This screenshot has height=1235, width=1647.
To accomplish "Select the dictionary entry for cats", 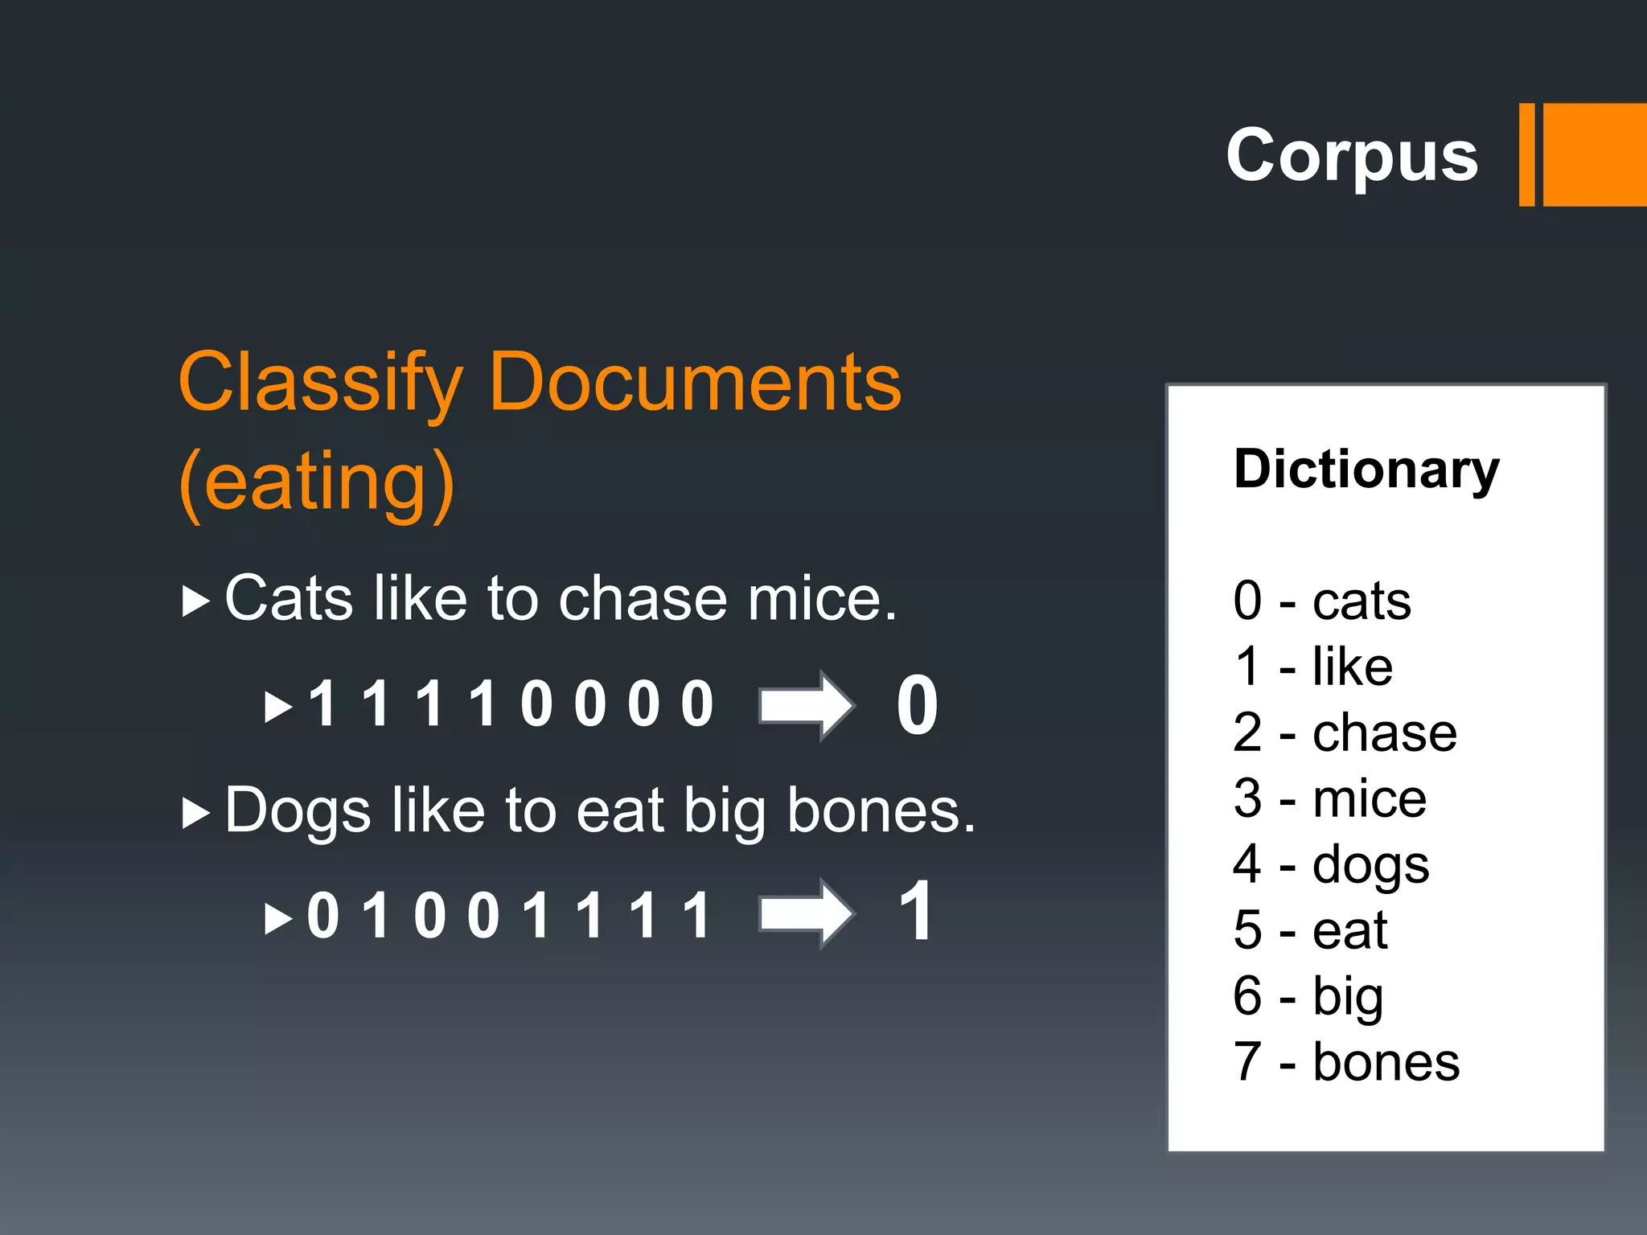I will [1321, 601].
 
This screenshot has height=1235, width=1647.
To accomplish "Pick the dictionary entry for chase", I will [1344, 732].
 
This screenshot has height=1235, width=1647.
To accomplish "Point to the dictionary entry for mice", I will [1329, 798].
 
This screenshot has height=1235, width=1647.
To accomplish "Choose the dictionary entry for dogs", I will [1331, 865].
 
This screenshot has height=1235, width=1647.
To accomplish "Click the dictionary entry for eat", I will [1310, 930].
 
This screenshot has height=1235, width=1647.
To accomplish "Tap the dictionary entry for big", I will [1308, 997].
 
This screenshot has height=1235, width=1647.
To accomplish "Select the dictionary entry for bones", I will [1345, 1062].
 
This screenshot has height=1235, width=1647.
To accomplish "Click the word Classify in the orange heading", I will [320, 383].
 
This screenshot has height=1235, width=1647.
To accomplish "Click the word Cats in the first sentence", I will [289, 599].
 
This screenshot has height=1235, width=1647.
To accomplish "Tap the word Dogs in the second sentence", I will [298, 810].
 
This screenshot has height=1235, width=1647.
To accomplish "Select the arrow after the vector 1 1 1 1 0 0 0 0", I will [806, 705].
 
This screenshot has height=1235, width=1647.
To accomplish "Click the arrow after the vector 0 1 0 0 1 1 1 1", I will [806, 913].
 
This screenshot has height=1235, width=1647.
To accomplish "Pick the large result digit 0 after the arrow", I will [917, 705].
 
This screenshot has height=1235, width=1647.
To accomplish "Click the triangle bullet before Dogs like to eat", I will [195, 813].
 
